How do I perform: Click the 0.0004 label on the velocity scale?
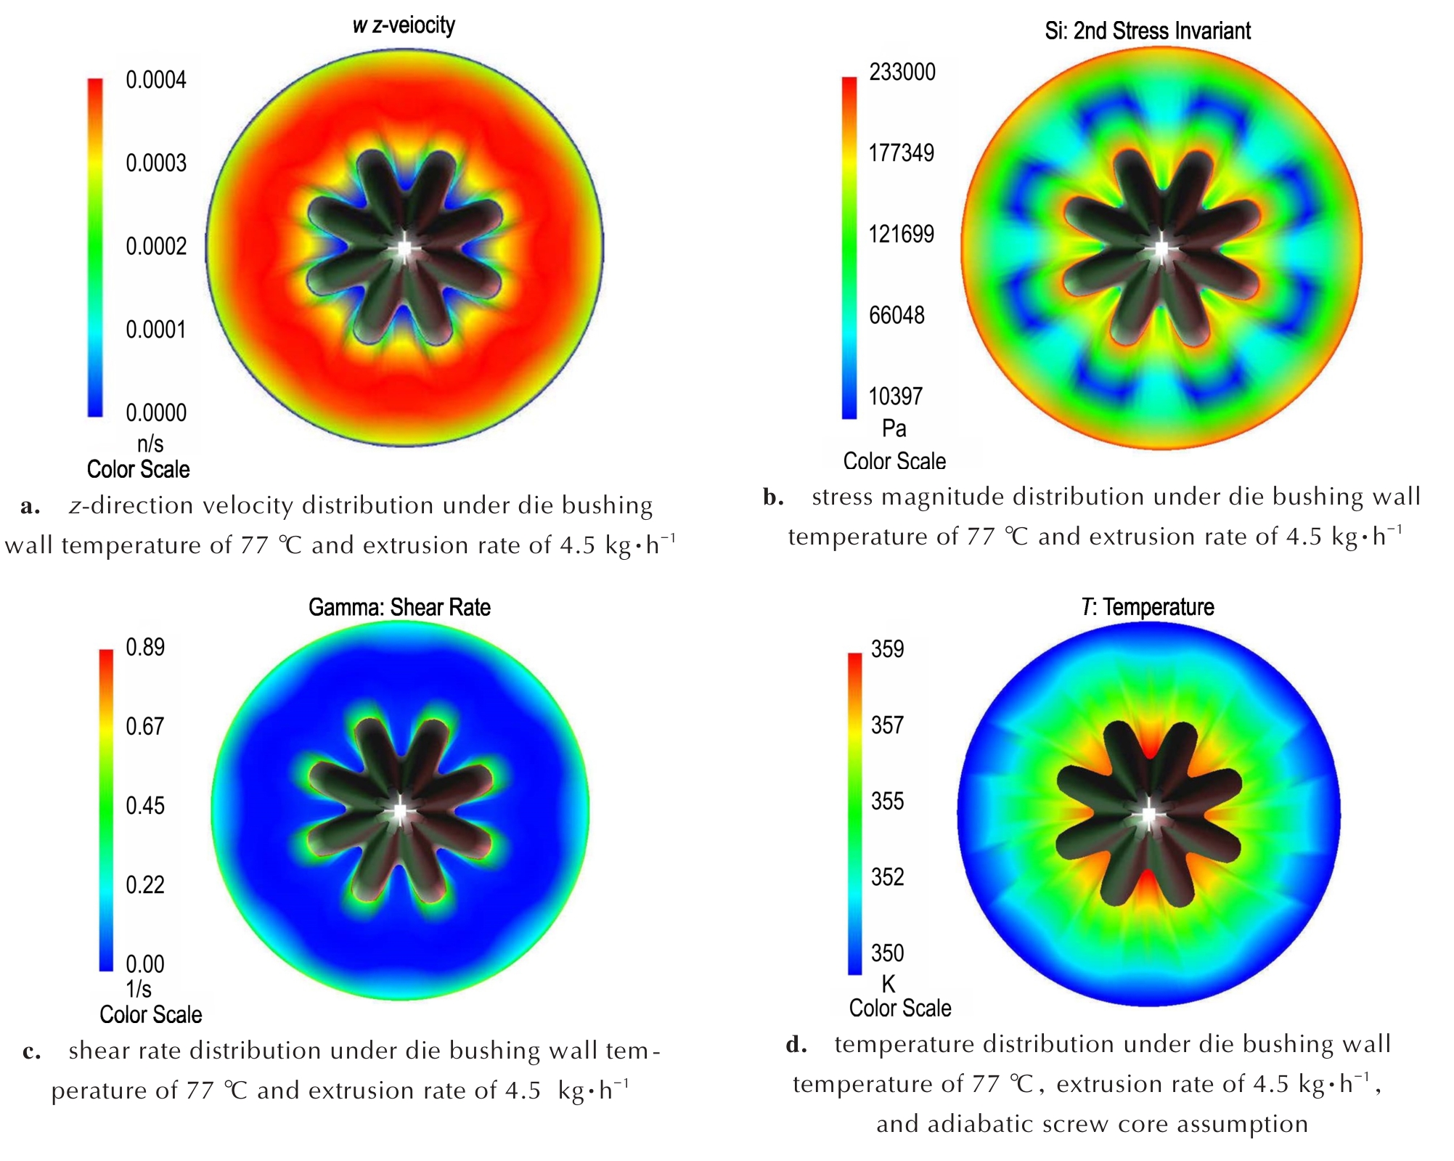[155, 79]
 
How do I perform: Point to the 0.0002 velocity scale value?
[155, 246]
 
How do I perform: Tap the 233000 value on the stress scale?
[902, 72]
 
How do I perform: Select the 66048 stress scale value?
[897, 315]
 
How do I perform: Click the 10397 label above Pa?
[897, 396]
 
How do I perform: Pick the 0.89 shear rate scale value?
[145, 647]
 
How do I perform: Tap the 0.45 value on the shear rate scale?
[145, 805]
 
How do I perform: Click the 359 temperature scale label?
[887, 648]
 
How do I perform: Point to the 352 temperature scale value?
[887, 876]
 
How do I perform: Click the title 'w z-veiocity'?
[404, 25]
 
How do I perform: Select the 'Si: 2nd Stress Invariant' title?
[1147, 30]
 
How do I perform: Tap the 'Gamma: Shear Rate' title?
[399, 607]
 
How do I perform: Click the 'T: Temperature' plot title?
[1147, 606]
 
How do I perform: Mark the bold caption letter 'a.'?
[30, 506]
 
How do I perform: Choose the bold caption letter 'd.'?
[796, 1045]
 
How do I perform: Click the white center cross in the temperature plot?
[1148, 814]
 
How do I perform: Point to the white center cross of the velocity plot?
[404, 249]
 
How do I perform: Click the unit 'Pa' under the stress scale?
[894, 428]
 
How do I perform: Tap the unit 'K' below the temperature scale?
[888, 984]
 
